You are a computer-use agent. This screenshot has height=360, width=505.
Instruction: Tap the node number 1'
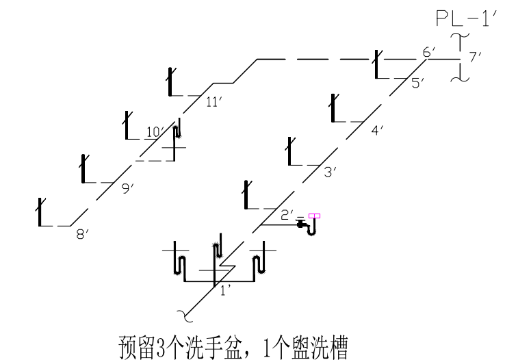(x=226, y=290)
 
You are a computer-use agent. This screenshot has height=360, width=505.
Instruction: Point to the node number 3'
(x=331, y=172)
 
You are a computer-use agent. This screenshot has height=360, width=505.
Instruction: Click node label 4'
(x=378, y=129)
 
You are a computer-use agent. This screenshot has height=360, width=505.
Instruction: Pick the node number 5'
(x=418, y=83)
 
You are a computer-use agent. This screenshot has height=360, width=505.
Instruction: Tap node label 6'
(x=429, y=53)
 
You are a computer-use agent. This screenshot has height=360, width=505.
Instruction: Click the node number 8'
(x=83, y=234)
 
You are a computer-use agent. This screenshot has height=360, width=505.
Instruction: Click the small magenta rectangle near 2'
(x=314, y=216)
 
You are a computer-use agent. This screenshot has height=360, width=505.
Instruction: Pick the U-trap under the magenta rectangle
(x=312, y=227)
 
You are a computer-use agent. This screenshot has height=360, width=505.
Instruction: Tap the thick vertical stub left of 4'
(x=333, y=107)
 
